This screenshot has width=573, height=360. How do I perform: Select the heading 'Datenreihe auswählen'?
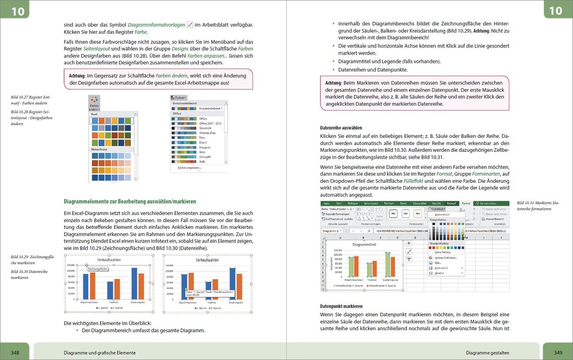tap(337, 128)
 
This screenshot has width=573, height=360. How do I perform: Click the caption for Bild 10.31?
tap(538, 205)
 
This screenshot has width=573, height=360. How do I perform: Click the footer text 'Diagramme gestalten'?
tap(487, 353)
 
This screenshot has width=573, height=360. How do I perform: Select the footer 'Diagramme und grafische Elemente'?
tap(100, 353)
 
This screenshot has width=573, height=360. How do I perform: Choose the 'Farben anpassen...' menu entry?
tap(190, 168)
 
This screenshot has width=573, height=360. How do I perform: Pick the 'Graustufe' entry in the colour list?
tap(206, 128)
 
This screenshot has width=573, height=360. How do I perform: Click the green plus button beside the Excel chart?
tap(409, 243)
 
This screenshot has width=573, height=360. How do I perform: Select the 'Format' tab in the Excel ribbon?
tap(451, 203)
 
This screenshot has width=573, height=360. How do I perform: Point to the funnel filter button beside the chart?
tap(409, 260)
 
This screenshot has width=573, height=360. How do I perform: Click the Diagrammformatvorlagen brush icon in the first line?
tap(190, 25)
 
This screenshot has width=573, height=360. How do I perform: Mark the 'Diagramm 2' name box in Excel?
tap(332, 231)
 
